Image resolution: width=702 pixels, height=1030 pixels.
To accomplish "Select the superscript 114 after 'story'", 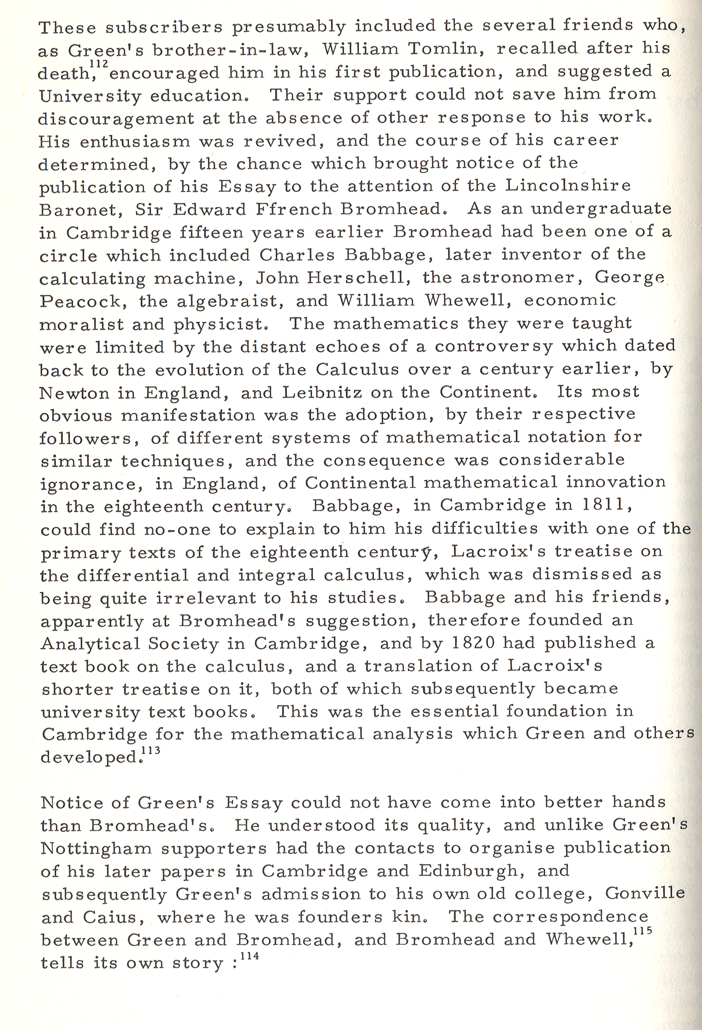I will pos(250,956).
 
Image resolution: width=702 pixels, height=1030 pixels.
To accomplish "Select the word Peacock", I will pos(80,301).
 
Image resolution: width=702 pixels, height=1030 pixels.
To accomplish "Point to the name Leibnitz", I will pos(322,392).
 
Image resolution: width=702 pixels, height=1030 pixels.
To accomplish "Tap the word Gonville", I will pos(644,893).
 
